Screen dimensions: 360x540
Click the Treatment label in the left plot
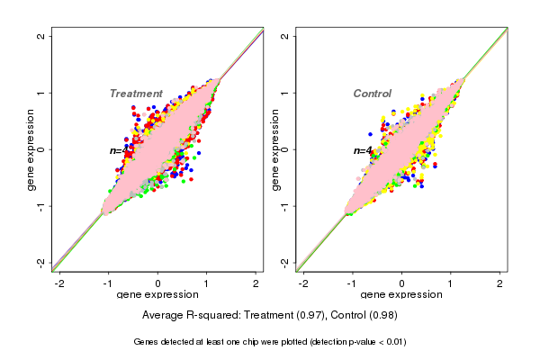click(136, 94)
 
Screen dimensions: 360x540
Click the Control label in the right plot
click(372, 94)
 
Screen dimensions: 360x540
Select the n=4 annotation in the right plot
click(363, 151)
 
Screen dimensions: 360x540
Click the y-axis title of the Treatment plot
click(31, 149)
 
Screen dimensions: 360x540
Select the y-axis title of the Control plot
click(275, 149)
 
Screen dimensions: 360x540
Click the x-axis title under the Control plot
click(401, 295)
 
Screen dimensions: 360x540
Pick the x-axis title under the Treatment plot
click(157, 295)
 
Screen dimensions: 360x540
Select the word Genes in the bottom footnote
click(147, 342)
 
